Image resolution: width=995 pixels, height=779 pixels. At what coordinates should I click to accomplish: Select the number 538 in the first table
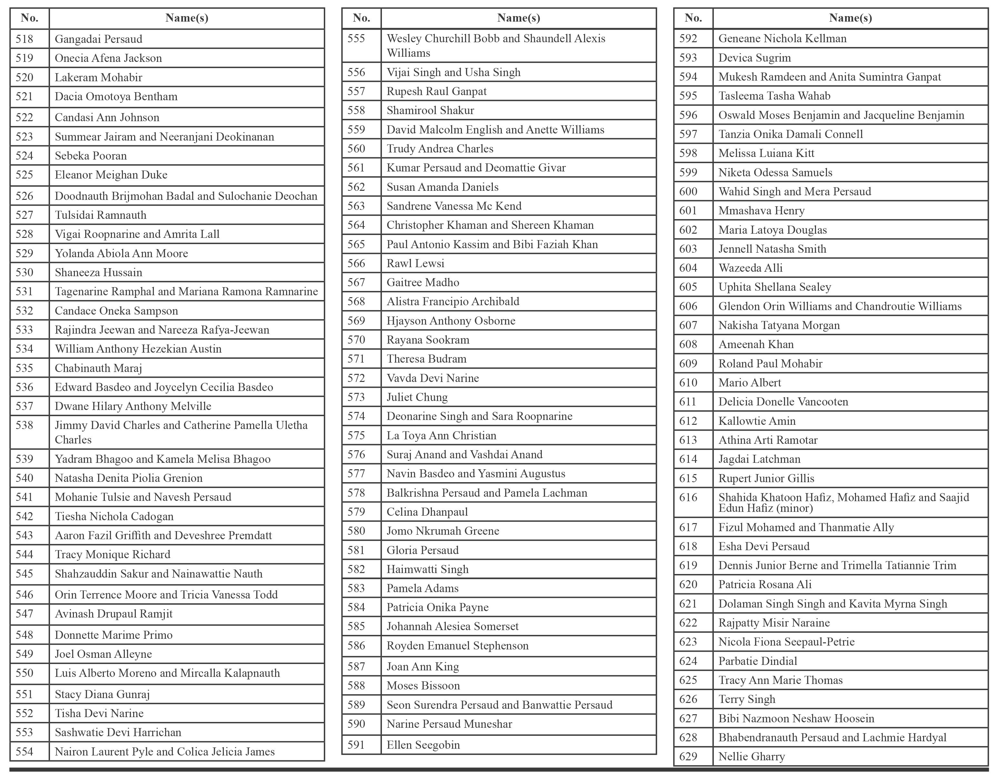(25, 425)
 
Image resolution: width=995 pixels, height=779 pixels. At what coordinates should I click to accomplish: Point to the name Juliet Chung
(417, 397)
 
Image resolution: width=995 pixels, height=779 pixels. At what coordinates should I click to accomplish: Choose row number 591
(356, 745)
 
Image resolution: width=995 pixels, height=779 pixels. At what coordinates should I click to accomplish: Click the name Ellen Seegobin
(423, 745)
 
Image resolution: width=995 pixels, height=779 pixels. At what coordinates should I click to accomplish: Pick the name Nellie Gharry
(751, 757)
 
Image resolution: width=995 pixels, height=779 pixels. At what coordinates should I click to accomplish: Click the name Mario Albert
(750, 383)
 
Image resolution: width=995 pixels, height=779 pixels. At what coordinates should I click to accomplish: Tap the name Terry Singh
(747, 699)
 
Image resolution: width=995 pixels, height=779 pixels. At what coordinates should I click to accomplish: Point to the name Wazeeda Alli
(750, 268)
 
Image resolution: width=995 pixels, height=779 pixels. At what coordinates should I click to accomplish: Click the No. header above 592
(693, 18)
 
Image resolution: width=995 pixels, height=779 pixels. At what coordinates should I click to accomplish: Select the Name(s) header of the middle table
(519, 18)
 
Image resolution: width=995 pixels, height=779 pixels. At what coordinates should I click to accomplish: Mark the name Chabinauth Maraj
(98, 368)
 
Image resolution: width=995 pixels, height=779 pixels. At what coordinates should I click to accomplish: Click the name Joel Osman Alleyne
(103, 654)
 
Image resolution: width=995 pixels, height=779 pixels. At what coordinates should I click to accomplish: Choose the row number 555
(356, 39)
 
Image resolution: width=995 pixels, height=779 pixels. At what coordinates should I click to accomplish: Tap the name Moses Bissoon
(423, 686)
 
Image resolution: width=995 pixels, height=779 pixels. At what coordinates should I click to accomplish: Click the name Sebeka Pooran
(91, 156)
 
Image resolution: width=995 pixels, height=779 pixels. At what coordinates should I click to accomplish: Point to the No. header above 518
(29, 18)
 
